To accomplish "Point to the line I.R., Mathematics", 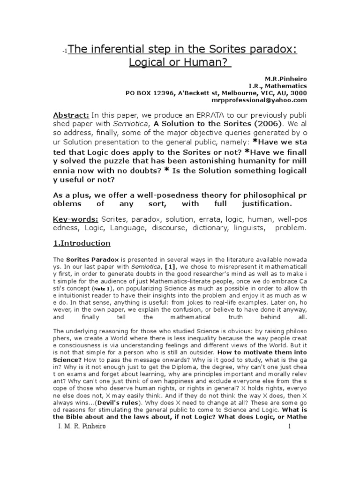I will coord(278,86).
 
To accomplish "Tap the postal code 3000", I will coord(299,93).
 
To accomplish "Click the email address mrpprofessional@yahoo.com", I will coord(266,100).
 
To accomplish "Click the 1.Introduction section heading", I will coord(82,243).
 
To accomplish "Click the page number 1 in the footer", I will coord(290,426).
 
